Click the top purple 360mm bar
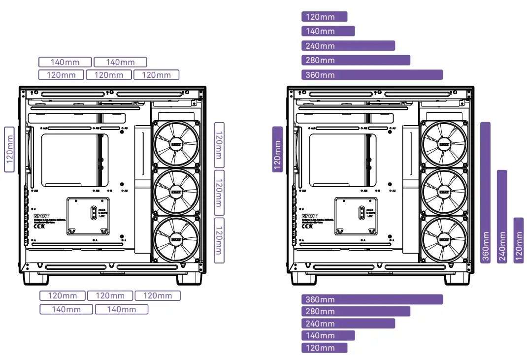click(x=372, y=75)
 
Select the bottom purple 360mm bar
click(x=372, y=299)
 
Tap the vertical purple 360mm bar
click(x=486, y=193)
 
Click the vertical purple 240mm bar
click(x=502, y=217)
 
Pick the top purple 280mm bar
click(x=356, y=60)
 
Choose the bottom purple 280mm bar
click(x=356, y=311)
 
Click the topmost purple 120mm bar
click(x=324, y=17)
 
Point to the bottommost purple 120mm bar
click(x=324, y=348)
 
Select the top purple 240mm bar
click(x=348, y=46)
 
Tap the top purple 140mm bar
click(x=328, y=31)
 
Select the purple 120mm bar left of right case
click(x=277, y=149)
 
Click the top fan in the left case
click(x=176, y=143)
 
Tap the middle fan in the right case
click(x=444, y=192)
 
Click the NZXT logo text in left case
click(x=41, y=215)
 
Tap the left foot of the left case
click(x=36, y=279)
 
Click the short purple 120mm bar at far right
click(x=518, y=240)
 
